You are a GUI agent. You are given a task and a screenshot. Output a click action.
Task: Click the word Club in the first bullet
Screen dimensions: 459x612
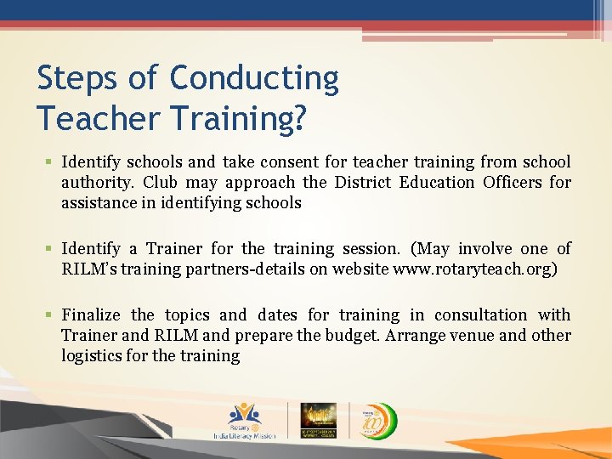point(160,182)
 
